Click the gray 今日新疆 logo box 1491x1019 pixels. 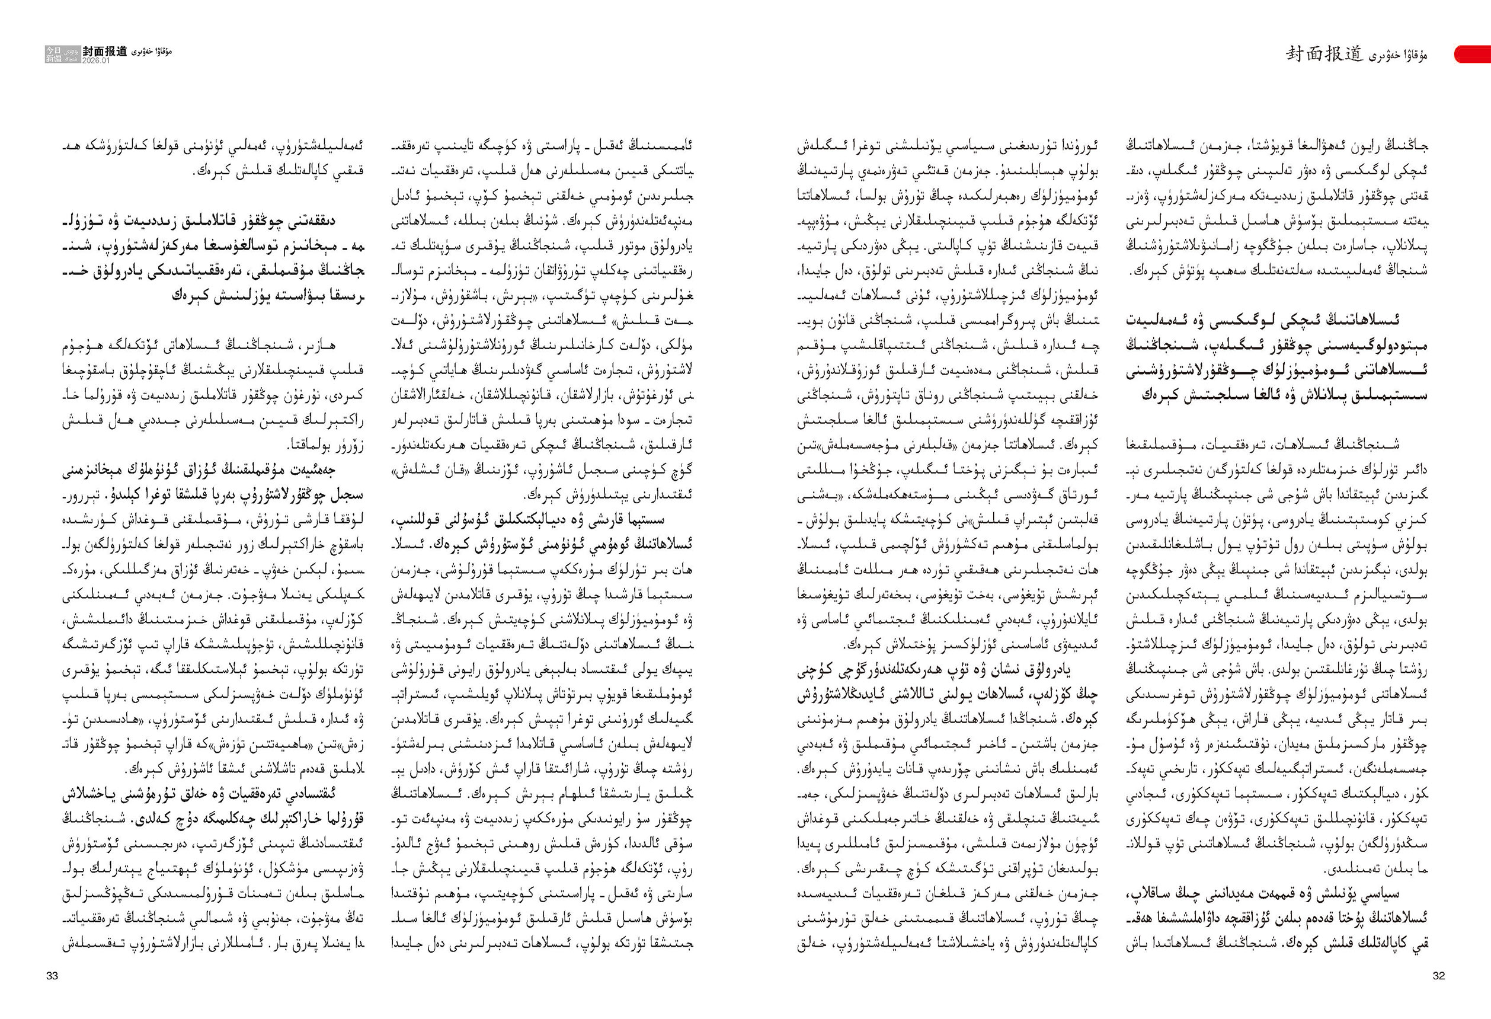click(55, 54)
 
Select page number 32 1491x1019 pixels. click(1438, 976)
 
